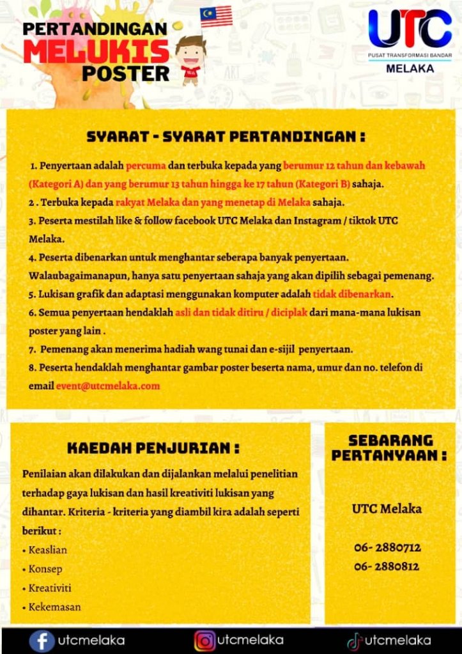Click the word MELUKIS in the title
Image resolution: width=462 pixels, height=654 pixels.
tap(96, 51)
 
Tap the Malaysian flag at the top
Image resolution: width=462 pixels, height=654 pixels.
tap(216, 16)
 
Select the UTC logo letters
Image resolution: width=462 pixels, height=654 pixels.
tap(410, 29)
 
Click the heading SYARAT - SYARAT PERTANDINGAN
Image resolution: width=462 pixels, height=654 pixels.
tap(226, 137)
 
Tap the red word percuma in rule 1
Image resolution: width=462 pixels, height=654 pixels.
tap(146, 166)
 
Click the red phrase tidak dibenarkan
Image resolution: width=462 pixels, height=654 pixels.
tap(352, 295)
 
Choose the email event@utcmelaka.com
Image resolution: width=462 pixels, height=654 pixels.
tap(107, 386)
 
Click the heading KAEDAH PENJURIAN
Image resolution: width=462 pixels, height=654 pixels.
tap(153, 448)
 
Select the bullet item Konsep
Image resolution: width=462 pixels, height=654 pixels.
tap(45, 569)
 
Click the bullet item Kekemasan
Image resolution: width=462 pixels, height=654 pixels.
tap(54, 607)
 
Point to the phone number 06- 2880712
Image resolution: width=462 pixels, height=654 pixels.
tap(387, 548)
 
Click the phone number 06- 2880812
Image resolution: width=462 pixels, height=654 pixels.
tap(387, 567)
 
